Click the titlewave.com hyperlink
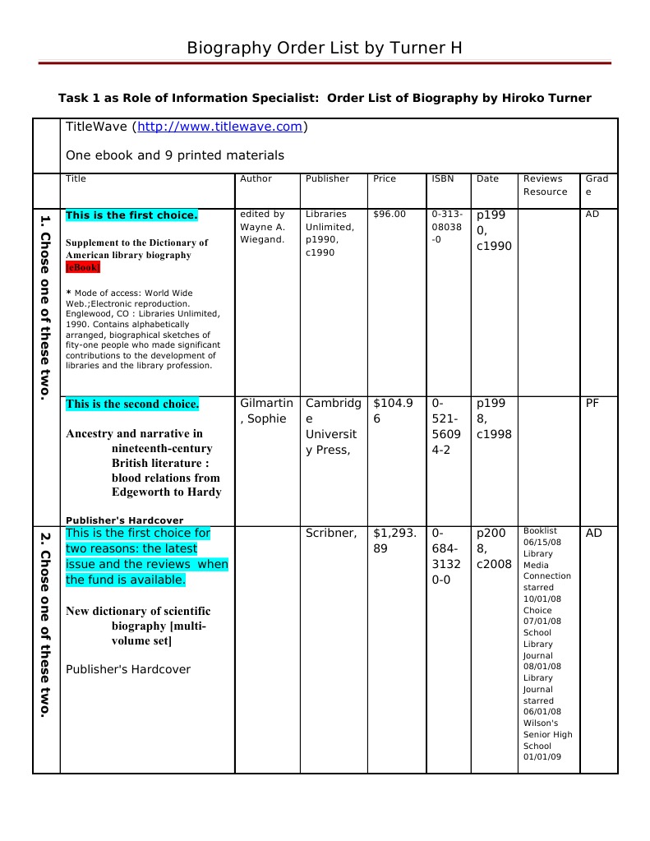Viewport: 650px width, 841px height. (x=219, y=127)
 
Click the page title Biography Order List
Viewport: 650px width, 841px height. (x=324, y=48)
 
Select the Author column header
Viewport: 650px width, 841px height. (x=256, y=178)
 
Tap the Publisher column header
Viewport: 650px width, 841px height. (x=327, y=178)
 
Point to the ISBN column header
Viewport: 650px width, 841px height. (x=441, y=178)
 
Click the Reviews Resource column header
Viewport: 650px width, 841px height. (x=545, y=185)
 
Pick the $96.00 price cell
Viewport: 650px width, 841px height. (x=389, y=214)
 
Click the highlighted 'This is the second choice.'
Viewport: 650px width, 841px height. (x=131, y=404)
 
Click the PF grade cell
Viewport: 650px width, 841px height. (x=593, y=403)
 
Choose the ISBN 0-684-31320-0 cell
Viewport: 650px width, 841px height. (x=446, y=557)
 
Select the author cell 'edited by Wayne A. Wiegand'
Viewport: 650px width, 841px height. (x=262, y=226)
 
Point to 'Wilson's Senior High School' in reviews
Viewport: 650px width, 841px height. (x=547, y=734)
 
